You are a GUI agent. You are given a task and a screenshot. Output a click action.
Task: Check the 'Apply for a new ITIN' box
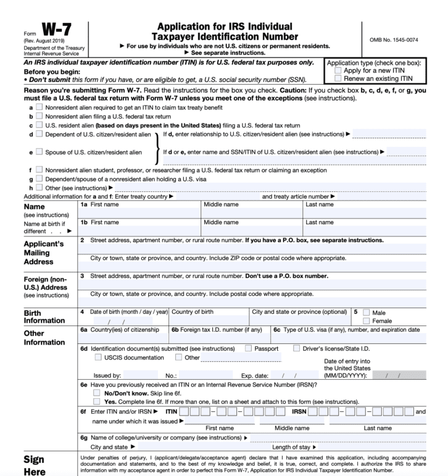coord(337,71)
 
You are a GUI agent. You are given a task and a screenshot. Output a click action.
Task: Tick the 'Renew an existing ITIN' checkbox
coord(337,78)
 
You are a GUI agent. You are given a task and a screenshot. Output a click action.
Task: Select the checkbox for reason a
coord(39,107)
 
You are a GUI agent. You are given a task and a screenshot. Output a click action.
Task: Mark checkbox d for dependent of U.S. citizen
coord(39,134)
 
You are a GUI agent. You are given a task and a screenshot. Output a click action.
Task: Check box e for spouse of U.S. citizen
coord(39,152)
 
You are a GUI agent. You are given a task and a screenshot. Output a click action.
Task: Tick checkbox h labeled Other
coord(39,188)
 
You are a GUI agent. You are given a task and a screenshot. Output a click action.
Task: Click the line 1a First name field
coord(139,213)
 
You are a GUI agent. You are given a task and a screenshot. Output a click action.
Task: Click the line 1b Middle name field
coord(252,231)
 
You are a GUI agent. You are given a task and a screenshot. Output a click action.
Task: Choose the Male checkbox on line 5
coord(367,312)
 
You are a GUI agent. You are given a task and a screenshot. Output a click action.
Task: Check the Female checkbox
coord(367,321)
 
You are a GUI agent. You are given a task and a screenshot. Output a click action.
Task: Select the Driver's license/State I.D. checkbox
coord(297,348)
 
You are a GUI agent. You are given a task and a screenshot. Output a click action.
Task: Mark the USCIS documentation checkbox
coord(98,357)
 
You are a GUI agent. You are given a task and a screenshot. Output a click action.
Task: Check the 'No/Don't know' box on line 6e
coord(96,393)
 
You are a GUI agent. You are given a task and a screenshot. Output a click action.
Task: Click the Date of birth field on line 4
coord(123,321)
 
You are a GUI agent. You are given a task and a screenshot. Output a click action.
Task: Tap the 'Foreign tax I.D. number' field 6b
coord(220,338)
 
